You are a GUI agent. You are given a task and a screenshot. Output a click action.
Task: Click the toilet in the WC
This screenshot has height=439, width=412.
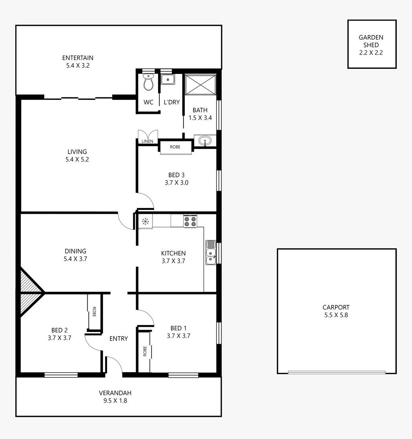coord(148,82)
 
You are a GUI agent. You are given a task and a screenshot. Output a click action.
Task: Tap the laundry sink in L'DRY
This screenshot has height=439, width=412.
coord(168,80)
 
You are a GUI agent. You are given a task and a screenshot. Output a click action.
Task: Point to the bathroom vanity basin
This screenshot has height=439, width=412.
coord(205,141)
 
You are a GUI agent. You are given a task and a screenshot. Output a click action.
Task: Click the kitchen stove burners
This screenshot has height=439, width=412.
coord(190,222)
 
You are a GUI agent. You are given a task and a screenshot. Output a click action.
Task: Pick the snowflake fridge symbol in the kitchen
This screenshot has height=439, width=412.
coord(145,221)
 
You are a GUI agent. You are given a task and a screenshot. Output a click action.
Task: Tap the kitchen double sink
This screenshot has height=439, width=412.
coord(210,253)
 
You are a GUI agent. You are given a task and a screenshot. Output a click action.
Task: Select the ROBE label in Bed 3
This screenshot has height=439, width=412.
coord(175,147)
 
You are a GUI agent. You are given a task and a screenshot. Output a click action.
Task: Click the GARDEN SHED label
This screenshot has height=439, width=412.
coord(371,41)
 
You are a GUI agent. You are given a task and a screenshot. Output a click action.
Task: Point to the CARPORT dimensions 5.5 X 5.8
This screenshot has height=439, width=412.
coord(336,315)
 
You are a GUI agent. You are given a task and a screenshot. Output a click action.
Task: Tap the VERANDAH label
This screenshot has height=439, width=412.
coord(115,393)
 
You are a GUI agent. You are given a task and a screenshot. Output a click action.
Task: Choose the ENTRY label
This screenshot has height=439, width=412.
coord(119,339)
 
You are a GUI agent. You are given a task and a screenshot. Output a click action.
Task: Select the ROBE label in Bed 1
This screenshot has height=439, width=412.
coord(144,351)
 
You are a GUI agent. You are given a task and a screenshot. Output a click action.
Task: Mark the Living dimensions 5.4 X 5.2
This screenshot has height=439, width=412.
coord(77,159)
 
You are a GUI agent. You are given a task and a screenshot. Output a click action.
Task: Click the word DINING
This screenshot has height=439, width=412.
coord(76,251)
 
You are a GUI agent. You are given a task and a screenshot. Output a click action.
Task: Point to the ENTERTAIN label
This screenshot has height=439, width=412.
coord(78,58)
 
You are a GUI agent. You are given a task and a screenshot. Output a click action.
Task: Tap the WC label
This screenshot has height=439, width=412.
coord(148,102)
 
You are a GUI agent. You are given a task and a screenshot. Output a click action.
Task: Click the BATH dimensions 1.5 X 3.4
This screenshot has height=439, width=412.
coord(200,118)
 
